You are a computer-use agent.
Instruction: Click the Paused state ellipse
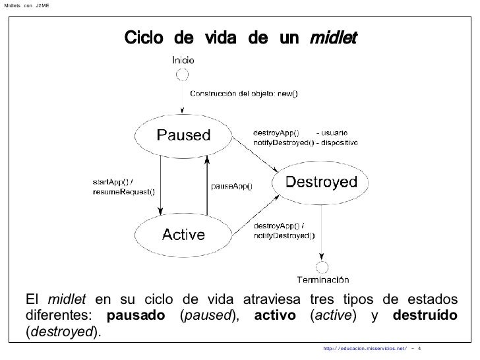tap(183, 136)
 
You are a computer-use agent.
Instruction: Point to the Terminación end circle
tap(322, 267)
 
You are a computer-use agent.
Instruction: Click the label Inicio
tap(183, 59)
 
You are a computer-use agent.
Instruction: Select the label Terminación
tap(322, 279)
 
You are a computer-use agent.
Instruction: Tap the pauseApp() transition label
tap(231, 186)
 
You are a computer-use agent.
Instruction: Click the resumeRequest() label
tap(123, 192)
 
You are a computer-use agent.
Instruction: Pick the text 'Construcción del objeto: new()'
tap(244, 93)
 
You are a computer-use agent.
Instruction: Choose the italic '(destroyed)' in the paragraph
tap(64, 330)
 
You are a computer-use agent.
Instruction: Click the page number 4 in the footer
tap(420, 348)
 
